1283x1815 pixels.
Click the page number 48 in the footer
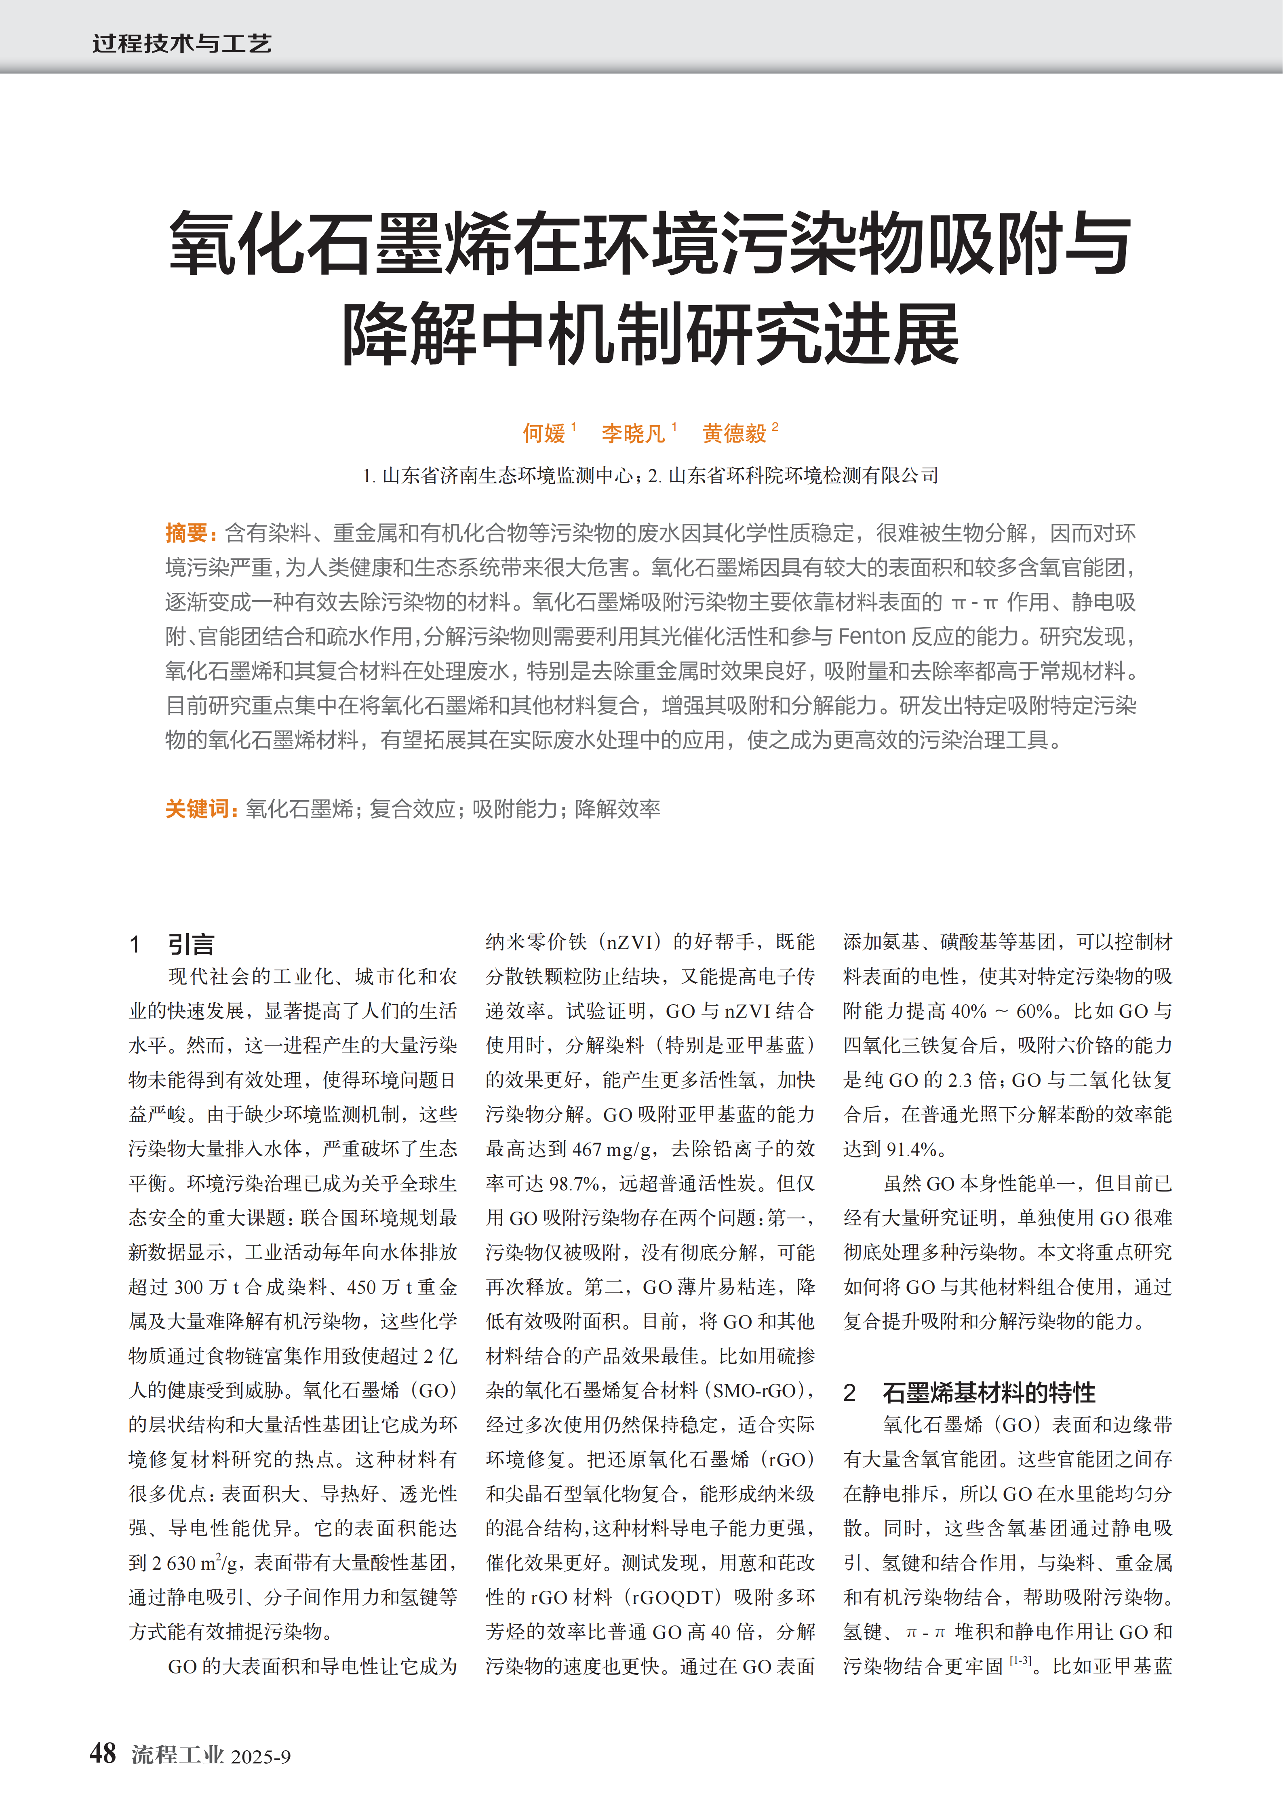coord(103,1753)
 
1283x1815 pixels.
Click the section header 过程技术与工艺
coord(182,44)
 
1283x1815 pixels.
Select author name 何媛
coord(544,433)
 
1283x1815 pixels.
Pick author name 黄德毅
coord(734,433)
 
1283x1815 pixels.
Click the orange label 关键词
coord(198,809)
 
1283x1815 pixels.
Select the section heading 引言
coord(190,944)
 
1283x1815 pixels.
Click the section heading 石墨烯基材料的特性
coord(988,1393)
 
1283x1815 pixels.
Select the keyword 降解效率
coord(617,809)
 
